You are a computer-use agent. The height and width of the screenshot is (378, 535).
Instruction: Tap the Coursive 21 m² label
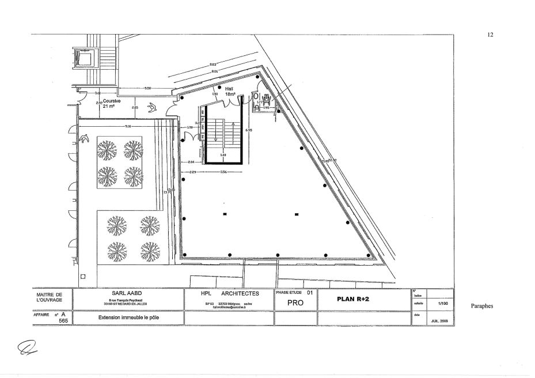point(112,103)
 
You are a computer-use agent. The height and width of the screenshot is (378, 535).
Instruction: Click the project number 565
point(63,320)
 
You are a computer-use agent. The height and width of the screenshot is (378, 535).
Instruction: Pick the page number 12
point(490,35)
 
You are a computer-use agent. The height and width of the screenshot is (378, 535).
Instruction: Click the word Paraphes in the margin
point(481,306)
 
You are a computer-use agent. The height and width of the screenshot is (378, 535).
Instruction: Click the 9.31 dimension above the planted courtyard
point(128,126)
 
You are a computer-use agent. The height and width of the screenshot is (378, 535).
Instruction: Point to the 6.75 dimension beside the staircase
point(248,130)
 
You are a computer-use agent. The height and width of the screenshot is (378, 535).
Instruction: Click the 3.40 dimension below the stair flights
point(223,154)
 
